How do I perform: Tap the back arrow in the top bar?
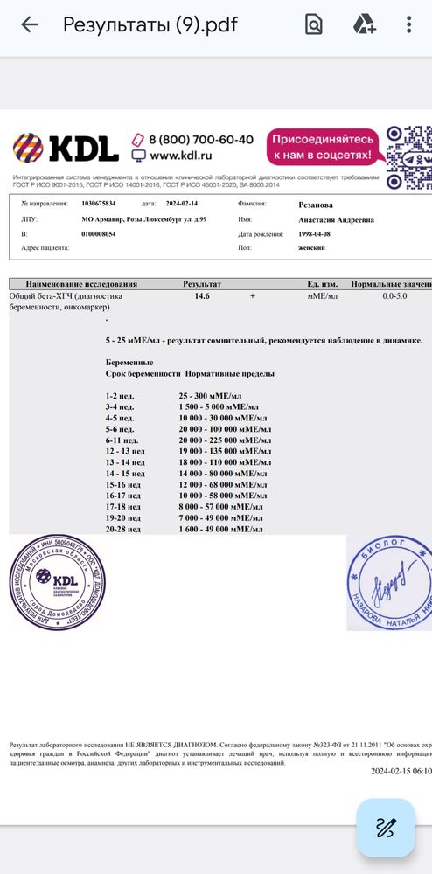click(29, 24)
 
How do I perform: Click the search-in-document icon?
click(313, 24)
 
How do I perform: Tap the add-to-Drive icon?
click(364, 24)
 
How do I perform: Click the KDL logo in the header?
click(66, 148)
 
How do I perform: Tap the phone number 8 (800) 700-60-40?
click(200, 140)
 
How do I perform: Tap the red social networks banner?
click(324, 147)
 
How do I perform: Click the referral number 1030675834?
click(98, 203)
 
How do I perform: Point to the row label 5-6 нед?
click(120, 429)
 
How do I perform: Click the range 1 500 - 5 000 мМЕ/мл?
click(218, 406)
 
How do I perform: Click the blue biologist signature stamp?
click(388, 581)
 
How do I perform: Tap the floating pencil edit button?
click(386, 827)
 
